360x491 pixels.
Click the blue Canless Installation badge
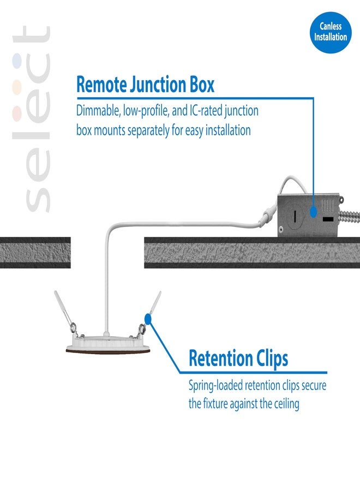pyautogui.click(x=331, y=32)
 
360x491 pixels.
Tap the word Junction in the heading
pyautogui.click(x=158, y=85)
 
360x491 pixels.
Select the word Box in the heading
pyautogui.click(x=202, y=85)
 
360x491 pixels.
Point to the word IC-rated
pyautogui.click(x=205, y=111)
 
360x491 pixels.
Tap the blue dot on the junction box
pyautogui.click(x=313, y=212)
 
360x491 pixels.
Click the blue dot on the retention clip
pyautogui.click(x=148, y=319)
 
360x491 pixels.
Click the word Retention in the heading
pyautogui.click(x=220, y=358)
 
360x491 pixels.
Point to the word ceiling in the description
pyautogui.click(x=286, y=404)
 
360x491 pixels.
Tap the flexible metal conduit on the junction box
pyautogui.click(x=349, y=215)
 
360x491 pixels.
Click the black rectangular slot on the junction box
pyautogui.click(x=328, y=219)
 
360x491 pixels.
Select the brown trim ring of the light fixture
pyautogui.click(x=108, y=350)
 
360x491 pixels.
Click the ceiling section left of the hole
pyautogui.click(x=35, y=253)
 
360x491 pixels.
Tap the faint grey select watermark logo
pyautogui.click(x=32, y=119)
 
